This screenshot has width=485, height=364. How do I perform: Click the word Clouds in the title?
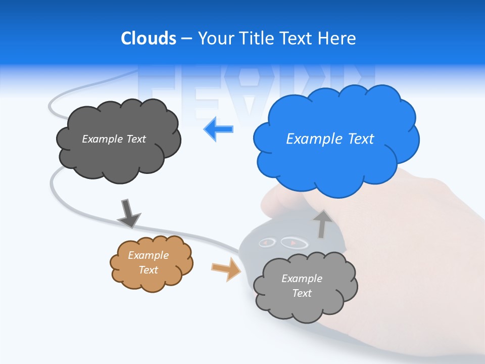(x=148, y=38)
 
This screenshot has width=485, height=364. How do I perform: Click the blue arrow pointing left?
(x=219, y=129)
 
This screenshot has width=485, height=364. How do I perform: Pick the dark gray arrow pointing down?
(x=128, y=213)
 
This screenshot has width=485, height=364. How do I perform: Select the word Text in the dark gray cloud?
(x=136, y=139)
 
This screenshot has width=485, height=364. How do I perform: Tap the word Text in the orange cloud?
(x=149, y=270)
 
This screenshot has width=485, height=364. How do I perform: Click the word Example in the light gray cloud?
(x=302, y=279)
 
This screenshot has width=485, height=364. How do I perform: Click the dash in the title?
(x=186, y=39)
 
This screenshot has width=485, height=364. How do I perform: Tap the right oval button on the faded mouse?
(x=294, y=243)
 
